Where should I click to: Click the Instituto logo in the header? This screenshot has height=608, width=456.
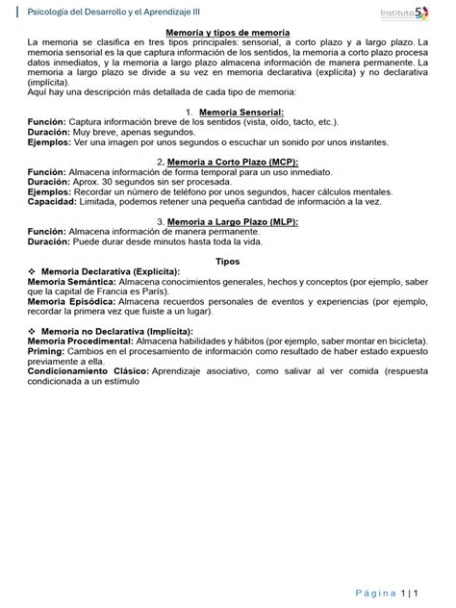[x=404, y=13]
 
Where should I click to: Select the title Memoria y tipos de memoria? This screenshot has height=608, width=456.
[x=227, y=33]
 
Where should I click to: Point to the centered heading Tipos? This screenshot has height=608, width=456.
[x=228, y=261]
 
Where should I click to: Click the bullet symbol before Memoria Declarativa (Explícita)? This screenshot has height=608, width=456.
[x=33, y=272]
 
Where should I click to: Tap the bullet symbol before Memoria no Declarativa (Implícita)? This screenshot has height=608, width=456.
[x=33, y=330]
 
